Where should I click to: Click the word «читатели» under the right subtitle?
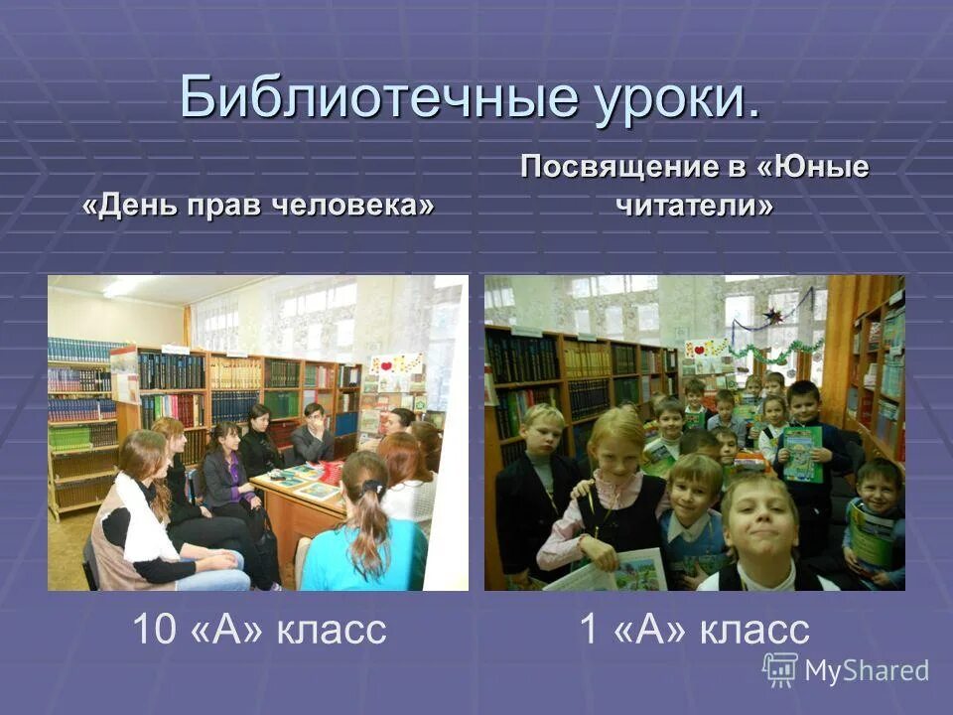[x=695, y=206]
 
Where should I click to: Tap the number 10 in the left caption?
[x=154, y=630]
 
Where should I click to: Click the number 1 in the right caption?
[x=588, y=630]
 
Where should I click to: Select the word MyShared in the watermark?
[x=867, y=671]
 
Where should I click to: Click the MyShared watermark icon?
[x=779, y=668]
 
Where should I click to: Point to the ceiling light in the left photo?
[x=124, y=287]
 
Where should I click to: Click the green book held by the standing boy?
[x=802, y=454]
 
